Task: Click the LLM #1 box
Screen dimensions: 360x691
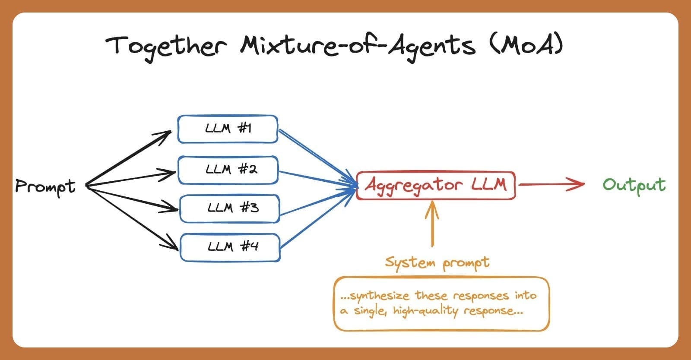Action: coord(228,129)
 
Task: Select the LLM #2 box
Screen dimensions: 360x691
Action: coord(228,170)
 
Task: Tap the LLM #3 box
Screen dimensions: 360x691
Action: coord(229,208)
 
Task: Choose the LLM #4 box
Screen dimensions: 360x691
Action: coord(230,247)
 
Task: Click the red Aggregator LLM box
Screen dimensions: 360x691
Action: coord(435,185)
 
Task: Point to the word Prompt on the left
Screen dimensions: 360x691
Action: coord(45,186)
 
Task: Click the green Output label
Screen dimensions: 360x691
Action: coord(634,185)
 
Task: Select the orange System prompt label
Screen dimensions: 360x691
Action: coord(437,262)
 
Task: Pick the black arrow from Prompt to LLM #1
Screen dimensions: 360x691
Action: coord(130,158)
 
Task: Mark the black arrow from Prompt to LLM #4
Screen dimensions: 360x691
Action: coord(132,218)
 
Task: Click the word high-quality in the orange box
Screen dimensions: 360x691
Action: coord(425,311)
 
